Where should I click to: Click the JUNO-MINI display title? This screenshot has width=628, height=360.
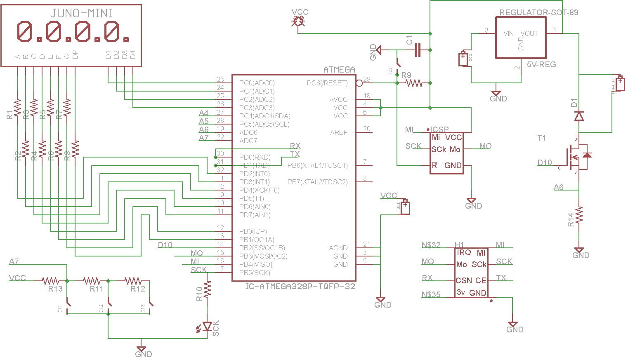click(x=81, y=13)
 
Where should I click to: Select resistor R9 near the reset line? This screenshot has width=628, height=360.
click(x=413, y=83)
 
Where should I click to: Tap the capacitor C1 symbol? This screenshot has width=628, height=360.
click(x=418, y=50)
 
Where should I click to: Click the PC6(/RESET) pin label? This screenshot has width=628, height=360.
click(x=327, y=83)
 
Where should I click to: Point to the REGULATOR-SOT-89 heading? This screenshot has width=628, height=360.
click(x=538, y=12)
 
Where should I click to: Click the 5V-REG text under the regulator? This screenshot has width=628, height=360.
click(x=541, y=64)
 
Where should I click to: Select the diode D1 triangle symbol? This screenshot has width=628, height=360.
click(x=579, y=116)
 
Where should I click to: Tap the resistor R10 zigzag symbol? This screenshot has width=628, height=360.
click(x=207, y=289)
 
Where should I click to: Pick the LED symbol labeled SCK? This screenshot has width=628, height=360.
click(x=207, y=326)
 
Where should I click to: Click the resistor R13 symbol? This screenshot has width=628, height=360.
click(x=50, y=281)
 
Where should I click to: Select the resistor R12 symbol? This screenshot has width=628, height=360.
click(x=133, y=281)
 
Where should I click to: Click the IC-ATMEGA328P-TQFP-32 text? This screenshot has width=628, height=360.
click(x=300, y=286)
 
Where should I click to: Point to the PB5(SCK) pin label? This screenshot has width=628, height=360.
click(x=254, y=273)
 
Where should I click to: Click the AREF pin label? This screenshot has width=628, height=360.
click(x=338, y=132)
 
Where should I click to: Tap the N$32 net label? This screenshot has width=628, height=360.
click(x=431, y=245)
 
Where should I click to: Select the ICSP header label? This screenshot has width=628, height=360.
click(x=439, y=129)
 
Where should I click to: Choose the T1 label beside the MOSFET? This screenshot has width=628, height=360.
click(x=541, y=138)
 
